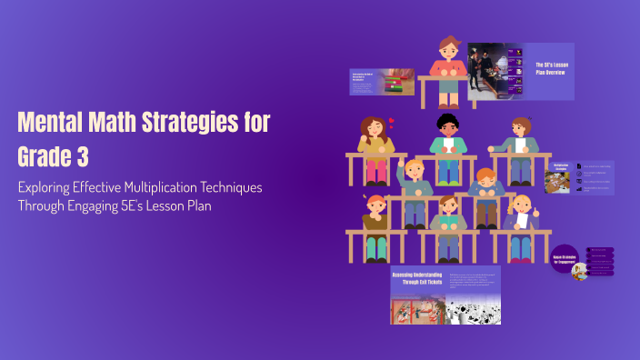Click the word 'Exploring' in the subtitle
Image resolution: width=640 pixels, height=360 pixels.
(50, 187)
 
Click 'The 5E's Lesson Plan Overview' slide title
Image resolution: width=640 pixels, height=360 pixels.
(550, 68)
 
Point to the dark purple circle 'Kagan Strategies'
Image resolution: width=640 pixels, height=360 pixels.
(564, 257)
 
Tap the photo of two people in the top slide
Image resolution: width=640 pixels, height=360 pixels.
(493, 71)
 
